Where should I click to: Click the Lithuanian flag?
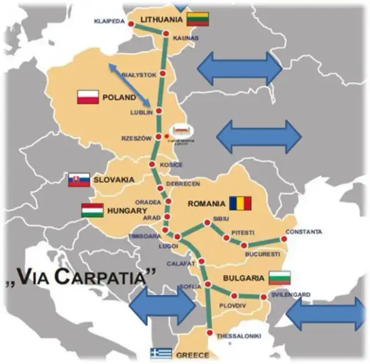[x=197, y=20]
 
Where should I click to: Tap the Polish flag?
[x=88, y=97]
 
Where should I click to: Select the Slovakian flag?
[x=79, y=180]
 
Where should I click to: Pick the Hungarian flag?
[x=92, y=210]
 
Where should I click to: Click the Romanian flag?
[x=240, y=203]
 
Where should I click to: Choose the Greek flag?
[x=161, y=353]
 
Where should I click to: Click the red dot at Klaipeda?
[x=130, y=24]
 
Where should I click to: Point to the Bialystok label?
[x=139, y=75]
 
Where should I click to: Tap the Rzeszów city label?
[x=136, y=139]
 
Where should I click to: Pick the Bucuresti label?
[x=262, y=254]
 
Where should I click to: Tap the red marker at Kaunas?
[x=166, y=34]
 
